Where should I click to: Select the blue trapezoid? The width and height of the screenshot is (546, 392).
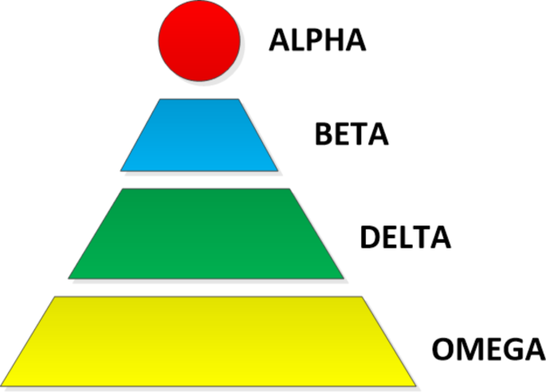pyautogui.click(x=199, y=135)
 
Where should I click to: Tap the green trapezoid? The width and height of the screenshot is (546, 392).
pyautogui.click(x=206, y=233)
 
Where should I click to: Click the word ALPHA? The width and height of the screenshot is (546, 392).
pyautogui.click(x=317, y=40)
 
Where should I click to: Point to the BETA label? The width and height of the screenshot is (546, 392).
pyautogui.click(x=352, y=135)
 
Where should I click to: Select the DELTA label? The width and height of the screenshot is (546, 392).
pyautogui.click(x=405, y=237)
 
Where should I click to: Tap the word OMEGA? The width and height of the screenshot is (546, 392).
pyautogui.click(x=488, y=349)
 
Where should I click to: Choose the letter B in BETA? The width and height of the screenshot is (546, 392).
pyautogui.click(x=323, y=135)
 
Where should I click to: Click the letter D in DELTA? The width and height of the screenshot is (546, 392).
pyautogui.click(x=371, y=237)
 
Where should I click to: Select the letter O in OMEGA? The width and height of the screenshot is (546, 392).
pyautogui.click(x=444, y=349)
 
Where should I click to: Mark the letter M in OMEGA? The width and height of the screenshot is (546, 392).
pyautogui.click(x=469, y=349)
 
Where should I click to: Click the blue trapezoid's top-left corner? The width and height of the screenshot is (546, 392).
pyautogui.click(x=159, y=100)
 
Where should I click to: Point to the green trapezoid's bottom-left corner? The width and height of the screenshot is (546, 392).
pyautogui.click(x=69, y=278)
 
